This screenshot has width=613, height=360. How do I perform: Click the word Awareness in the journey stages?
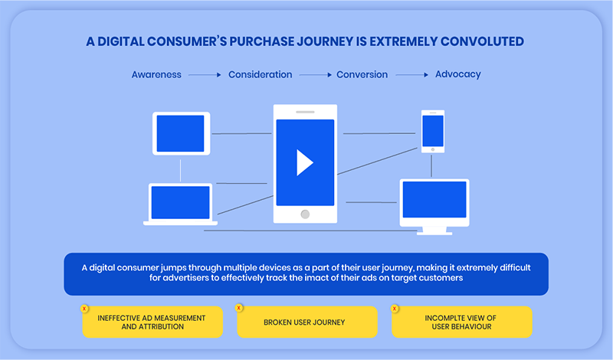pos(156,74)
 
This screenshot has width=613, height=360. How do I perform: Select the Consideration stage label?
pos(260,74)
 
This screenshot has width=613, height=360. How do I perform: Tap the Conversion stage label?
pos(362,74)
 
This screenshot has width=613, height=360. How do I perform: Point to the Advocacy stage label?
pos(457,74)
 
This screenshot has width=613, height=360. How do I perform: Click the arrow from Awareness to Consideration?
pos(205,74)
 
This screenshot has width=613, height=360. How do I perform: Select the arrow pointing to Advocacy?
pos(412,74)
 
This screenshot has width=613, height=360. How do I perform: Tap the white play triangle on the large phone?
pos(303,162)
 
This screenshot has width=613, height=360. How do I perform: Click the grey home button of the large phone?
pos(305,214)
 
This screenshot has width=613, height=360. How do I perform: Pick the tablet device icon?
pos(181,134)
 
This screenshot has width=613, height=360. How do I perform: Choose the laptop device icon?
pos(180,204)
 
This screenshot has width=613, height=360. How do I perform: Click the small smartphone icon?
pos(433,131)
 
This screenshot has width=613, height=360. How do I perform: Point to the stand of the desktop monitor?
pos(434,231)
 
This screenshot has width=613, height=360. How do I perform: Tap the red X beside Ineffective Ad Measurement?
pos(84,309)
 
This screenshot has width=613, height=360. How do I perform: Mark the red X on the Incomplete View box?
pos(395,309)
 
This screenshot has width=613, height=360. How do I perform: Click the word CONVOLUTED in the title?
pos(482,41)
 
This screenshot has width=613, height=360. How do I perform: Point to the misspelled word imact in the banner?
pos(317,278)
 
